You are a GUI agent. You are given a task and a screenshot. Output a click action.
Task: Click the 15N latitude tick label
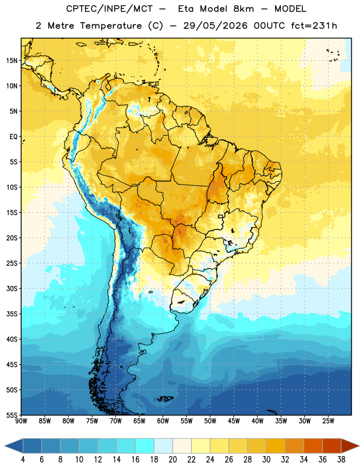pyautogui.click(x=12, y=61)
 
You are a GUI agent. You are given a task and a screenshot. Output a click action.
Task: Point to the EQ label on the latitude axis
pyautogui.click(x=13, y=137)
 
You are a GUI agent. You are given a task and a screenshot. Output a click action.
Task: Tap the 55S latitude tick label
pyautogui.click(x=12, y=415)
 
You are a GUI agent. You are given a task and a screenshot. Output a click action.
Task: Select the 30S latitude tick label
pyautogui.click(x=12, y=288)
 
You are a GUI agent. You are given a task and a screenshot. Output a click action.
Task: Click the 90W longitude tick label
pyautogui.click(x=21, y=421)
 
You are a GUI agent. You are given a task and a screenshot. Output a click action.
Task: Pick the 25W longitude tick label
pyautogui.click(x=329, y=421)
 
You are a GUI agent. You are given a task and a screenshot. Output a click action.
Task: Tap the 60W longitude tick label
pyautogui.click(x=163, y=421)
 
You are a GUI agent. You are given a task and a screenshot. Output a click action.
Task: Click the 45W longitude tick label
pyautogui.click(x=234, y=421)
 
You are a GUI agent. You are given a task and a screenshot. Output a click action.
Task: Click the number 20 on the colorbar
pyautogui.click(x=172, y=460)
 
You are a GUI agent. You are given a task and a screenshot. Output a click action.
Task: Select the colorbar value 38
pyautogui.click(x=341, y=460)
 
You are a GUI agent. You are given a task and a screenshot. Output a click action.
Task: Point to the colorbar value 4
pyautogui.click(x=23, y=460)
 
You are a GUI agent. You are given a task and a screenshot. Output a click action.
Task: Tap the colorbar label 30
pyautogui.click(x=266, y=460)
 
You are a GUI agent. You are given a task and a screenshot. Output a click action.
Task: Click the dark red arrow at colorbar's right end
pyautogui.click(x=350, y=446)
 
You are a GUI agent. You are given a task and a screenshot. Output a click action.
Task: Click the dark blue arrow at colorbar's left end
pyautogui.click(x=14, y=446)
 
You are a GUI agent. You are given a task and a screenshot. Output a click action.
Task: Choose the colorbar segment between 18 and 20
pyautogui.click(x=163, y=446)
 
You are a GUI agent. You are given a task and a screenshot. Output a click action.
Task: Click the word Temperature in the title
pyautogui.click(x=111, y=26)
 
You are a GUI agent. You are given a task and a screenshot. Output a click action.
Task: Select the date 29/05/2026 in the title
pyautogui.click(x=215, y=26)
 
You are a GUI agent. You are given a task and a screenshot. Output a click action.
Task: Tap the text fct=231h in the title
pyautogui.click(x=314, y=26)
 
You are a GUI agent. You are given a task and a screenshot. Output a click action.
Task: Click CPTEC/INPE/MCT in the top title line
pyautogui.click(x=109, y=9)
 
